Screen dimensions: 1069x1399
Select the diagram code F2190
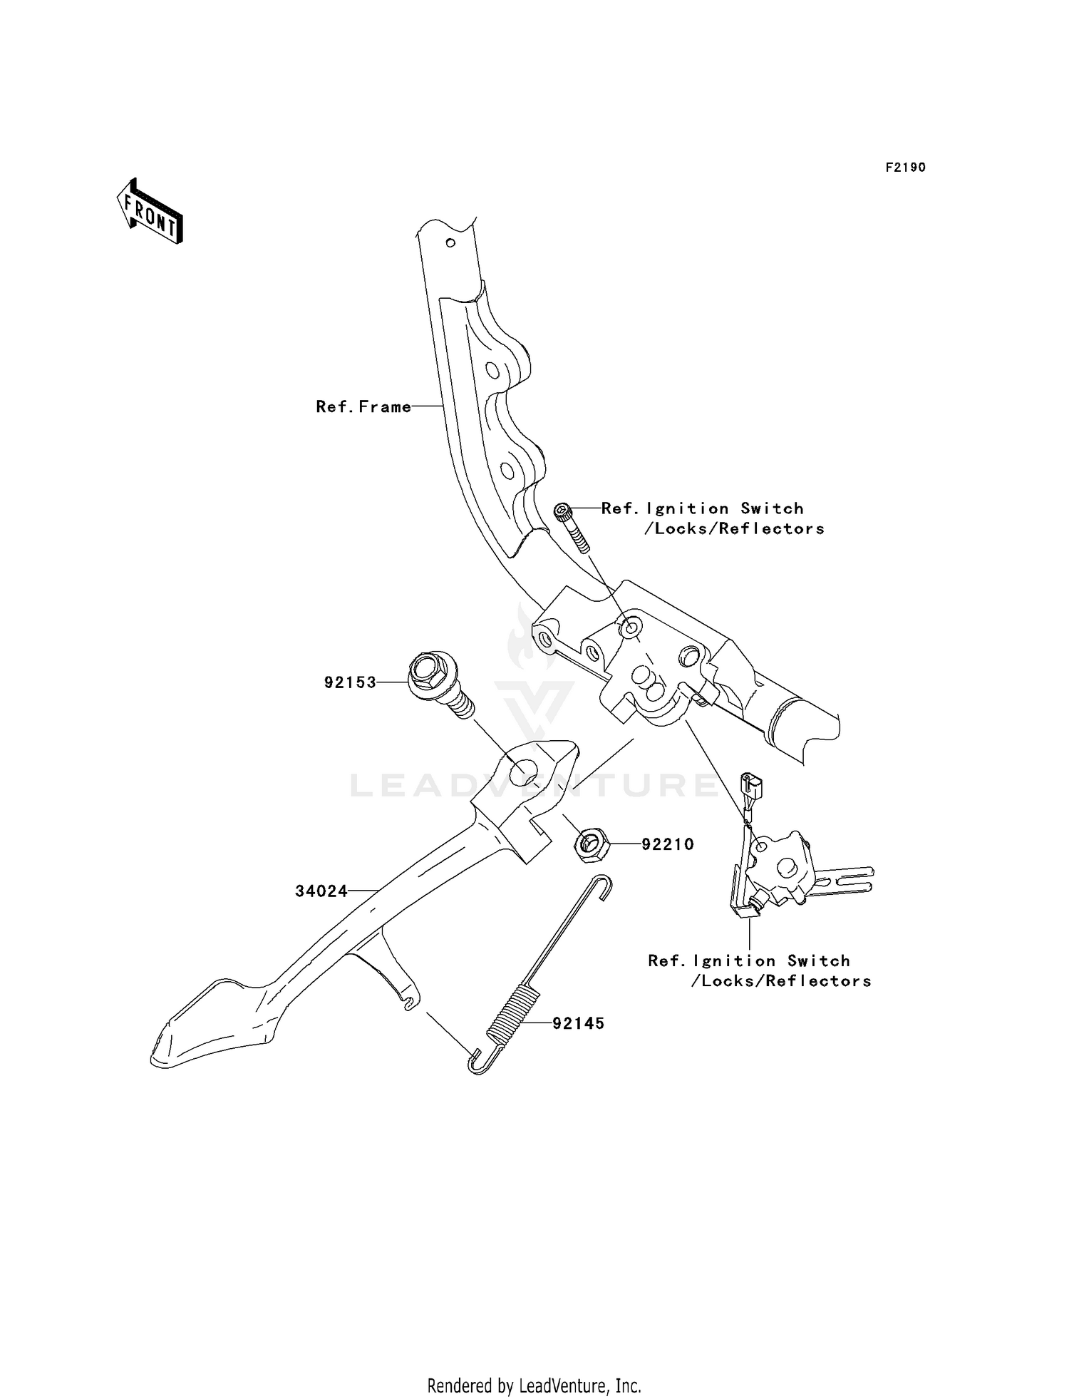click(905, 168)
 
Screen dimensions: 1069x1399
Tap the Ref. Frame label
click(363, 406)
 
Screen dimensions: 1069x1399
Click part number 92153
click(350, 682)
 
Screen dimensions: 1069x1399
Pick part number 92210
click(668, 844)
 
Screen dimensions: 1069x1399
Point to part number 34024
click(321, 891)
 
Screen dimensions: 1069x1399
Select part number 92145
click(578, 1023)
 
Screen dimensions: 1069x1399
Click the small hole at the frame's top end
click(450, 242)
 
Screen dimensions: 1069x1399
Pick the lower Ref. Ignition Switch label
click(760, 970)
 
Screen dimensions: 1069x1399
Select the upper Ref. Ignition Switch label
click(713, 518)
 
